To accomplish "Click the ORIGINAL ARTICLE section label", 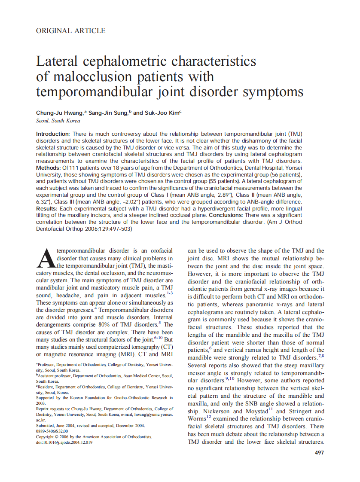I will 71,31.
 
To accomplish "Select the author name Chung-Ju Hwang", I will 60,113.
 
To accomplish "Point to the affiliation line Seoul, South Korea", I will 58,121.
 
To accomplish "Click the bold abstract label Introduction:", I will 53,134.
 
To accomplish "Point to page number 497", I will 319,452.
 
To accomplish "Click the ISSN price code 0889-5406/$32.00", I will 52,431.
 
